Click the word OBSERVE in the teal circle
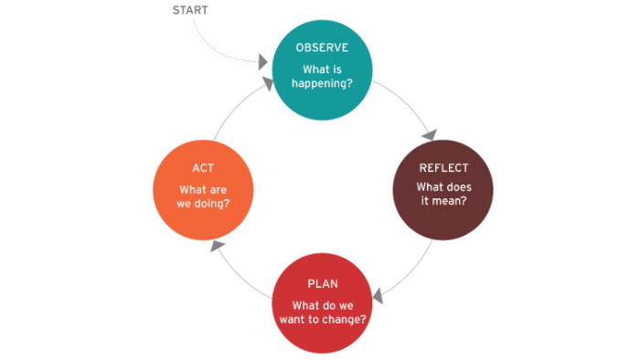pos(322,48)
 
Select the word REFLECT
pos(443,168)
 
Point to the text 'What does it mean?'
pos(443,195)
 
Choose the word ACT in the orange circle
pos(203,168)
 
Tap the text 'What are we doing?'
pos(203,195)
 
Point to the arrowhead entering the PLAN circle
pos(377,295)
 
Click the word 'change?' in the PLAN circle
pos(348,320)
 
